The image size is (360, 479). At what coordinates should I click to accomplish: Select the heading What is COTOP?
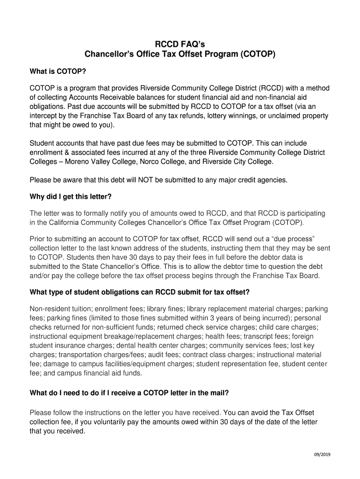pyautogui.click(x=58, y=73)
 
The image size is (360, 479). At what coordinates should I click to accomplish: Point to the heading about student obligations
pyautogui.click(x=139, y=292)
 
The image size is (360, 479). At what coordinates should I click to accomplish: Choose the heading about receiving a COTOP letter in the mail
pyautogui.click(x=129, y=393)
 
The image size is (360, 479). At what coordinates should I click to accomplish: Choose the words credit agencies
pyautogui.click(x=262, y=179)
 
